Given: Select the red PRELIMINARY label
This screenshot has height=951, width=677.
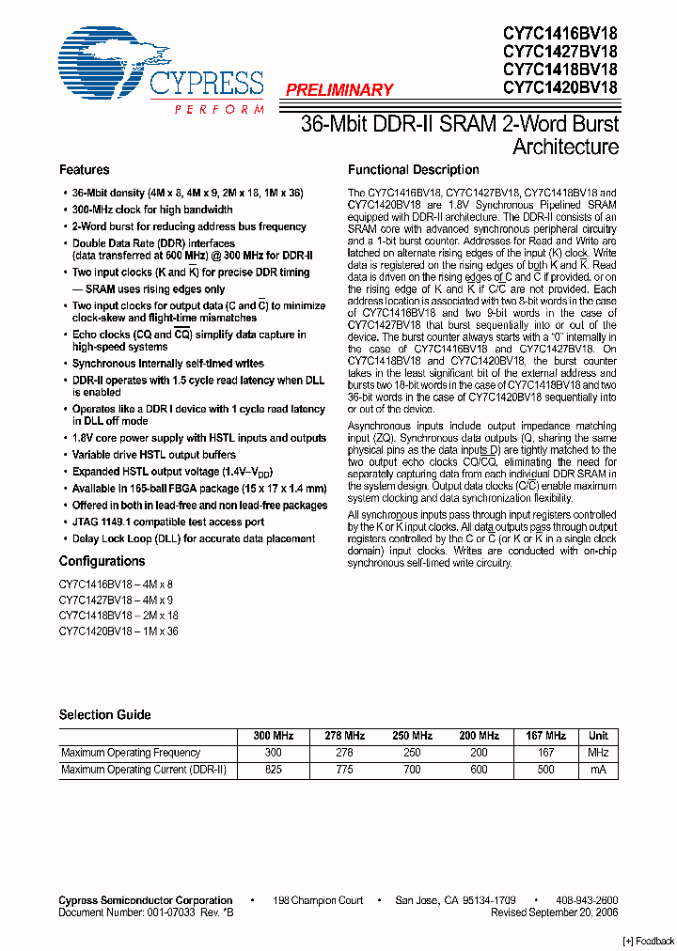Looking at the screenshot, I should point(338,90).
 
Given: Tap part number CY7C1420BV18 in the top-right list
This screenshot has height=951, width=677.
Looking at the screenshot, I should point(560,86).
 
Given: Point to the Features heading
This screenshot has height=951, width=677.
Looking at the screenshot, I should point(85,170).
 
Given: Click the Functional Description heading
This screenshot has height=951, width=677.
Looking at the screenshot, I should point(414,170).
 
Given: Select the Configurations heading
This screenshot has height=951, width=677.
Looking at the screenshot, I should point(102,561).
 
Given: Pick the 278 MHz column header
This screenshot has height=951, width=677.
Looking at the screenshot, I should point(344,736).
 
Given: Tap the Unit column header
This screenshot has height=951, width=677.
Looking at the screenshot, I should point(598,736).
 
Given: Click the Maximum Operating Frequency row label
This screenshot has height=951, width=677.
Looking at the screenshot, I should point(131,753).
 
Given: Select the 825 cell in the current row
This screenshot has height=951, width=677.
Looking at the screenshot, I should point(274,770).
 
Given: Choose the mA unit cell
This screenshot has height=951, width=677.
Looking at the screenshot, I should point(598,770).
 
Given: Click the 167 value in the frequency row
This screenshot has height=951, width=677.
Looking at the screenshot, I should point(545,753).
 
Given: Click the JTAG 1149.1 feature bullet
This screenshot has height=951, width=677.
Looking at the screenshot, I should point(168,522).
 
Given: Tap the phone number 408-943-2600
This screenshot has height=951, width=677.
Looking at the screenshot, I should point(587,900).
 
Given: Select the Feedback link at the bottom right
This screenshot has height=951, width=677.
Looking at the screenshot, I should point(649,941).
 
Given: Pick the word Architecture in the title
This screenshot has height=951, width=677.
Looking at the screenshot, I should point(565,147).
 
